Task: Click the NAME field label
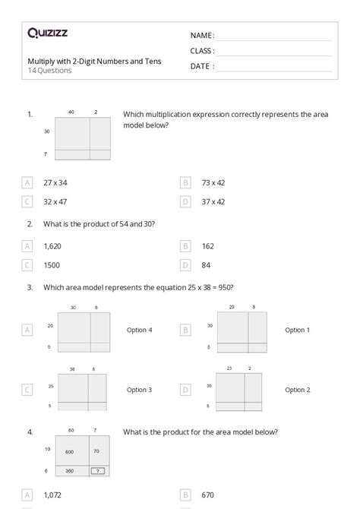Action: point(202,36)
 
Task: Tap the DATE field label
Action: point(201,66)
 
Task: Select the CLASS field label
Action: point(203,51)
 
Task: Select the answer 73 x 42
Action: point(213,182)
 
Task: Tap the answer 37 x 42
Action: point(213,201)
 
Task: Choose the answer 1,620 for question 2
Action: point(52,246)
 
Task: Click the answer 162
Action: point(208,246)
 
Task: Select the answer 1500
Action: point(52,265)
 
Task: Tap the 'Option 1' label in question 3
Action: point(297,330)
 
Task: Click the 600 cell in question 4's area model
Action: point(69,452)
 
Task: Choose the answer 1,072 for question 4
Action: point(52,495)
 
